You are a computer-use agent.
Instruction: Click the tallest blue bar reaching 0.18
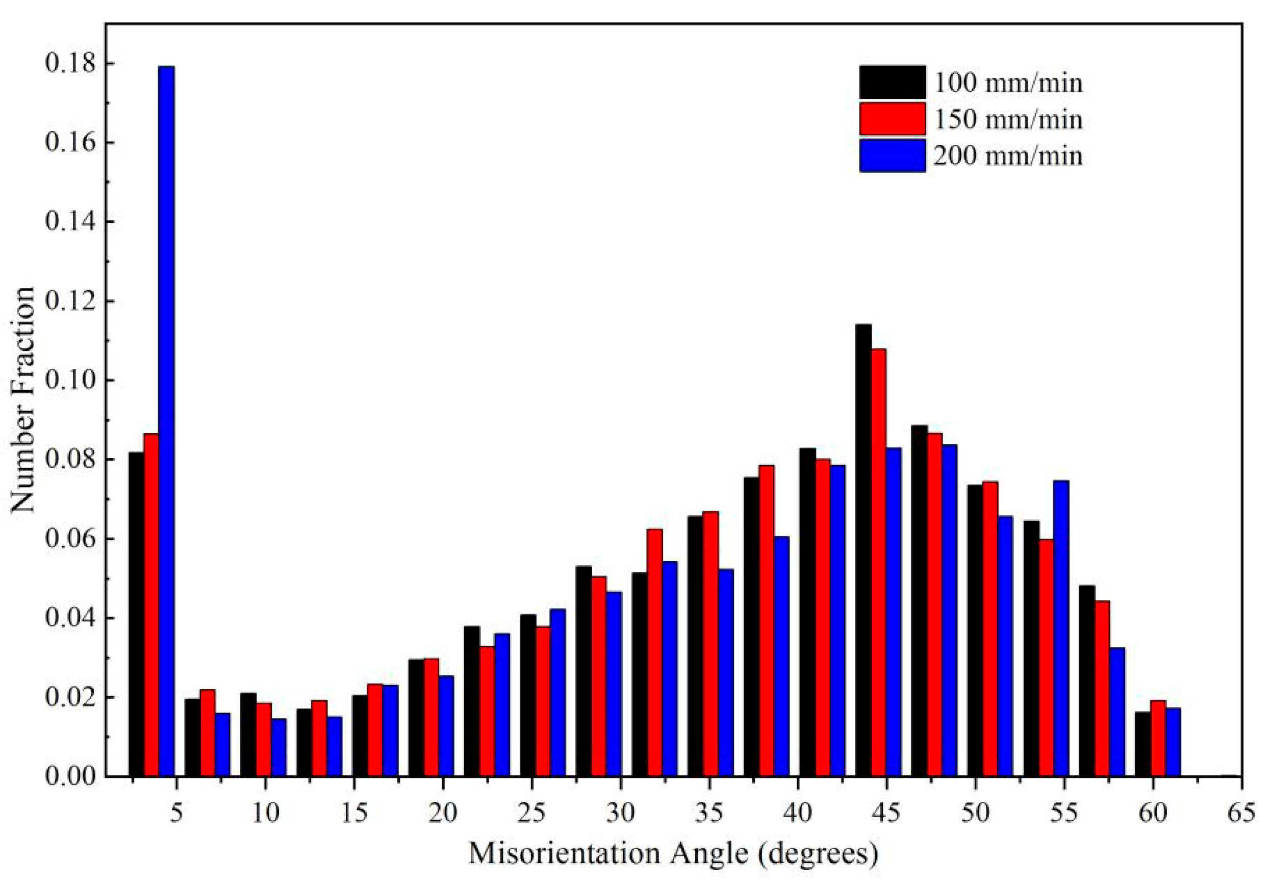(167, 421)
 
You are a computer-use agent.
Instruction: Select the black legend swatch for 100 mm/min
(892, 83)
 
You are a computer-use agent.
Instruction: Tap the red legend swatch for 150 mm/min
(892, 118)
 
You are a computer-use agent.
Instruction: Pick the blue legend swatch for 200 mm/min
(892, 155)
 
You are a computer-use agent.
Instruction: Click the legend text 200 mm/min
(1007, 156)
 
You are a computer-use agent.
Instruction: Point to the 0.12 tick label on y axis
(67, 302)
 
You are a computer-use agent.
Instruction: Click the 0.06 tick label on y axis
(67, 539)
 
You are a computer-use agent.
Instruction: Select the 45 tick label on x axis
(887, 814)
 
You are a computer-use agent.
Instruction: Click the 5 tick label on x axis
(176, 814)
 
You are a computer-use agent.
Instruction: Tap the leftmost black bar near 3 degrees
(136, 614)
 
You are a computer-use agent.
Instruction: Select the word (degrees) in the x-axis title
(818, 854)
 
